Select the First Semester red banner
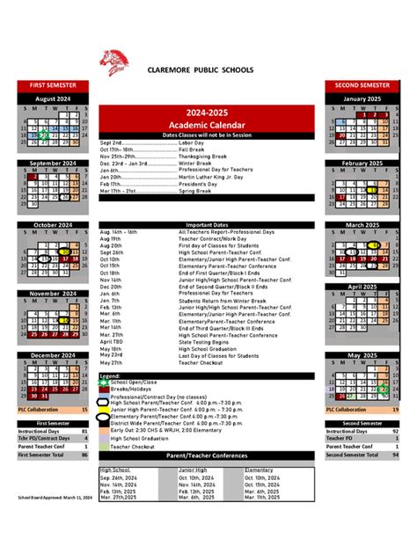coord(53,84)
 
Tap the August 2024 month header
coord(53,98)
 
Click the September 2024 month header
coord(53,163)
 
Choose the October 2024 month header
coord(53,225)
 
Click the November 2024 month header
coord(53,294)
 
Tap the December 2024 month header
coord(53,355)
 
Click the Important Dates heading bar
coord(208,225)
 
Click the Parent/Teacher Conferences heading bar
coord(208,455)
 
